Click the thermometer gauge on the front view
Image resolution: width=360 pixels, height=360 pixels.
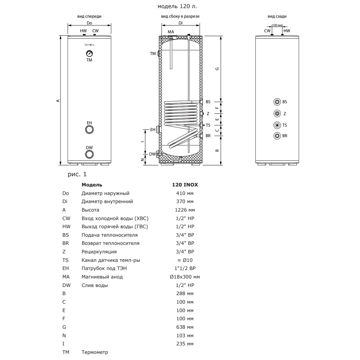[89, 54]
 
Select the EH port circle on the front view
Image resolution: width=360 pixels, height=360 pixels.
[89, 130]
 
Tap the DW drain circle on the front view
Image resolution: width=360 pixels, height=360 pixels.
[89, 155]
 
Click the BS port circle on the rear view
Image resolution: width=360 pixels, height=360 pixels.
[277, 102]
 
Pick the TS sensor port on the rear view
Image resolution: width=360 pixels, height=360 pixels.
[277, 125]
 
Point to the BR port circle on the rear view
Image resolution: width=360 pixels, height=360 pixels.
[277, 136]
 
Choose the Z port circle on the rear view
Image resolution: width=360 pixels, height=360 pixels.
[277, 113]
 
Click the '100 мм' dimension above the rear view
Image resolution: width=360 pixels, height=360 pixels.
[277, 25]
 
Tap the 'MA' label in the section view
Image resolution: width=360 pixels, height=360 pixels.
[171, 32]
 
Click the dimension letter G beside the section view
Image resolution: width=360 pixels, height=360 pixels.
[217, 69]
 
